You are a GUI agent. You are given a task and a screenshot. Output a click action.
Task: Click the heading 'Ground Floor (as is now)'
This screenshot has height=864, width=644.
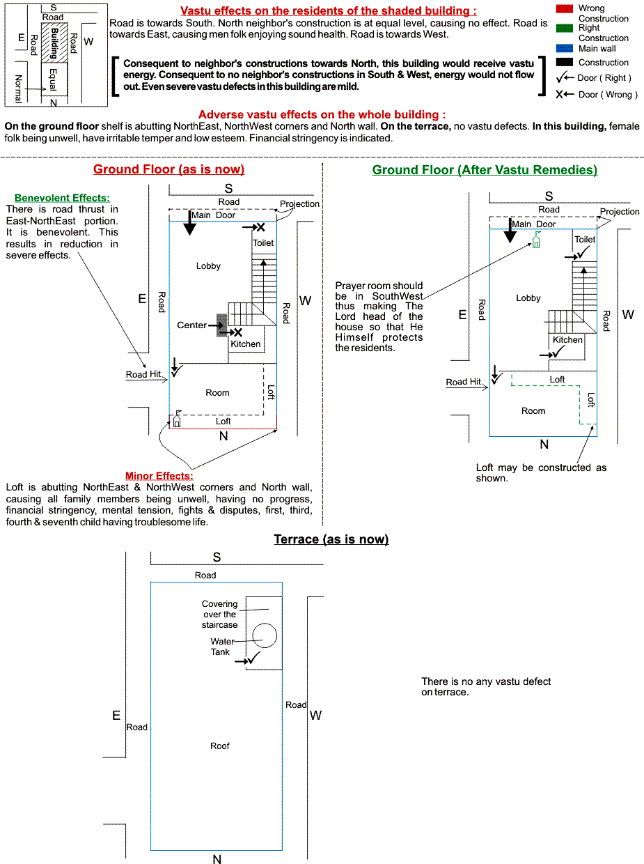(x=168, y=169)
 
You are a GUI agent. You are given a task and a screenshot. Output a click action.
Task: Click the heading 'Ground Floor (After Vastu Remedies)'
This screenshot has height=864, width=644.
(x=485, y=169)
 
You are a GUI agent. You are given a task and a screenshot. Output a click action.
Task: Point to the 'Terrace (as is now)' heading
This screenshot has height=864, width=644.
(x=331, y=539)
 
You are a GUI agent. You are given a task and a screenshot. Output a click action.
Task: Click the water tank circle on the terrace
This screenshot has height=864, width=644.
(x=265, y=635)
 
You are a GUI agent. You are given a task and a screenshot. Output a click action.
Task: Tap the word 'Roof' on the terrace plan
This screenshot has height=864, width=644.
(x=220, y=746)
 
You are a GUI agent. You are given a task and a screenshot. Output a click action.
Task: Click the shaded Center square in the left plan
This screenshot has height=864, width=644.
(x=221, y=325)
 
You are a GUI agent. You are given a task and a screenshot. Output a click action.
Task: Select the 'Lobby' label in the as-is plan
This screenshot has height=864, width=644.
(x=208, y=266)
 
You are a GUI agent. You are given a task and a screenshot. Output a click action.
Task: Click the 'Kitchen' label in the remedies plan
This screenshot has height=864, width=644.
(x=567, y=340)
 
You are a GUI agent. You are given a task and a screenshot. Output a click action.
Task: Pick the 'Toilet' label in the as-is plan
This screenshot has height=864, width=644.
(x=263, y=243)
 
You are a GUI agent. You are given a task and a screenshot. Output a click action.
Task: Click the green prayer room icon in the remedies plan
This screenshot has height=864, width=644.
(x=537, y=241)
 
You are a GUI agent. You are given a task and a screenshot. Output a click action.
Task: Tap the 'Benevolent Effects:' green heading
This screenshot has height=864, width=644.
(x=62, y=198)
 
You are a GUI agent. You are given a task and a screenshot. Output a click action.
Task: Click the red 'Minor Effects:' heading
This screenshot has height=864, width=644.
(x=158, y=476)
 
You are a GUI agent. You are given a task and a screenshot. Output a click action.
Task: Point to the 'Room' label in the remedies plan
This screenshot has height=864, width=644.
(x=533, y=411)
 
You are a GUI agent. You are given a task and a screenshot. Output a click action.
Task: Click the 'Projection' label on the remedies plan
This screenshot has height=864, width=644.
(x=619, y=212)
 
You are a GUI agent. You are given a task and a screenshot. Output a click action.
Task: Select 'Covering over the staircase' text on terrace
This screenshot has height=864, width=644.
(x=220, y=615)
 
